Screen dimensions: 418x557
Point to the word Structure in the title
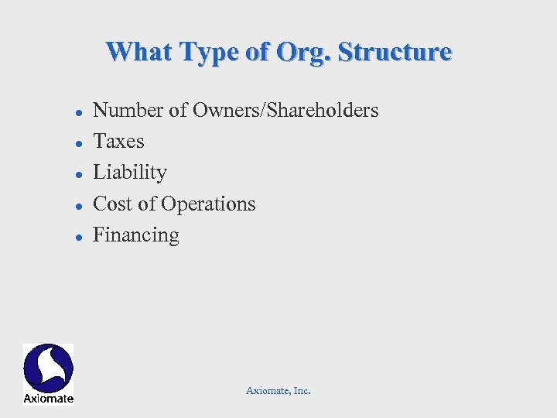(x=395, y=52)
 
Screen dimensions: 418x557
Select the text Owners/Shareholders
(x=285, y=111)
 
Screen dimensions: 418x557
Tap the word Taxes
(x=118, y=142)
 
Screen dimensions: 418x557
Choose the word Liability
(x=130, y=173)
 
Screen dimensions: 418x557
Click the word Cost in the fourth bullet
(x=111, y=204)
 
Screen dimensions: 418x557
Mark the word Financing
(x=136, y=235)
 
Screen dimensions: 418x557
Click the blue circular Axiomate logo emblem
(x=48, y=368)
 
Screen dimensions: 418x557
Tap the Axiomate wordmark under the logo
(x=48, y=399)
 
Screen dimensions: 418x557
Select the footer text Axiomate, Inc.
(x=278, y=391)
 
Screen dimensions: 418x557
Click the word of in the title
(x=258, y=52)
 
